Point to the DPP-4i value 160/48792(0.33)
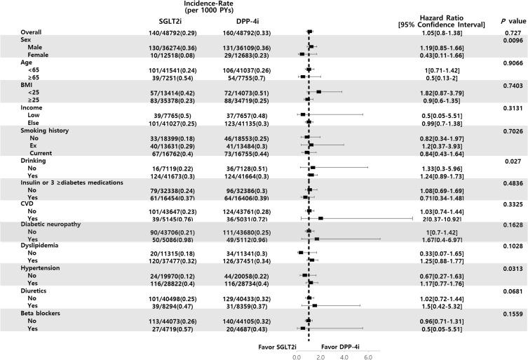pos(236,32)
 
